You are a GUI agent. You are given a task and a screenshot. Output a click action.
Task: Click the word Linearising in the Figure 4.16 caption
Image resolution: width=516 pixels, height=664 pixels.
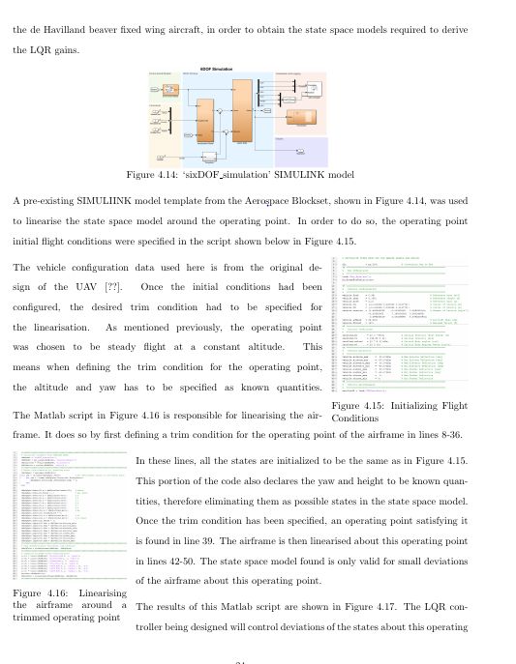click(x=90, y=592)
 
